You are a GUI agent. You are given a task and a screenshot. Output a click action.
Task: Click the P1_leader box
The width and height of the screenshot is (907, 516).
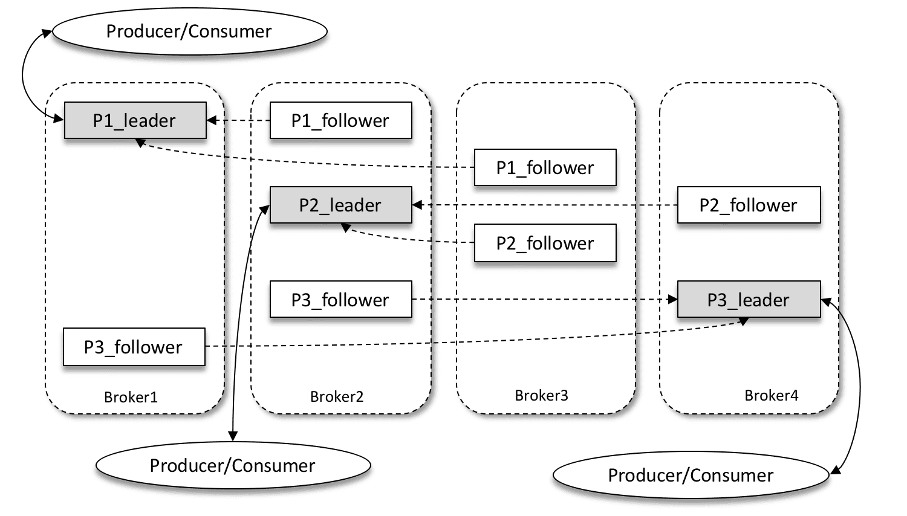135,120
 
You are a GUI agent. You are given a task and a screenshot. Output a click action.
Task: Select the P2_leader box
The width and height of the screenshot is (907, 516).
340,205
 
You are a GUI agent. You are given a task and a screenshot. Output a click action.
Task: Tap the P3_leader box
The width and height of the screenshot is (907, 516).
749,299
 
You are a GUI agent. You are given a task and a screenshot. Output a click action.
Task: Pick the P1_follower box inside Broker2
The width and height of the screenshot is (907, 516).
340,120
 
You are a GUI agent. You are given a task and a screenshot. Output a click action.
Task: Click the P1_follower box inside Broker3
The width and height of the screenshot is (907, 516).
545,167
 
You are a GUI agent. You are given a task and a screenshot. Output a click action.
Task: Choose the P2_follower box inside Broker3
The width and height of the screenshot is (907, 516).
545,243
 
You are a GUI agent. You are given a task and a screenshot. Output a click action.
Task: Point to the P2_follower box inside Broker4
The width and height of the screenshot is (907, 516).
749,205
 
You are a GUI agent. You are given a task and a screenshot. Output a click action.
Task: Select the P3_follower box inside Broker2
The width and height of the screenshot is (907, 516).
340,299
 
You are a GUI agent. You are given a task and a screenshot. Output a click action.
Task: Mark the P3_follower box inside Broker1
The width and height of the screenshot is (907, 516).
134,347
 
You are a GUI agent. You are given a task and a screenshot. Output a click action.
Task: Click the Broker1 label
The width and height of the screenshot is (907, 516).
131,397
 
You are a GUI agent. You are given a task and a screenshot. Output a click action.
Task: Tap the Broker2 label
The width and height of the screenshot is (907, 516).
337,396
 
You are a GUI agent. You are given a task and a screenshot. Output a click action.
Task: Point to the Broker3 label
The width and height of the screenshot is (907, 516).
541,395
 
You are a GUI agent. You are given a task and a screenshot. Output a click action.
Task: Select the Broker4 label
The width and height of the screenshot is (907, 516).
771,395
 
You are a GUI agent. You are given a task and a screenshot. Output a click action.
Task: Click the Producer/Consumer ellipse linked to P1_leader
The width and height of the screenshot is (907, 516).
189,31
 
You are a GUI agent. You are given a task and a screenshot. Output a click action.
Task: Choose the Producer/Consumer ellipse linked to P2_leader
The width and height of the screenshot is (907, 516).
233,465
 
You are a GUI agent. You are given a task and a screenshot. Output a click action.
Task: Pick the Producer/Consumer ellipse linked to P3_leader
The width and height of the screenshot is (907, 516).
691,475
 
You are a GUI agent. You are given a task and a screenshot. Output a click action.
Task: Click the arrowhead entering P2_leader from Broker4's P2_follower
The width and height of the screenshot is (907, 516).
417,205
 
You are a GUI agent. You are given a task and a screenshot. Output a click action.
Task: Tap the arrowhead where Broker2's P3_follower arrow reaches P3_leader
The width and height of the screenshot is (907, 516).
672,299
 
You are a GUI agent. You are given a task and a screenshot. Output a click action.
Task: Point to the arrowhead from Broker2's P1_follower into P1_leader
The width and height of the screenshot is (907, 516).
212,120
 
